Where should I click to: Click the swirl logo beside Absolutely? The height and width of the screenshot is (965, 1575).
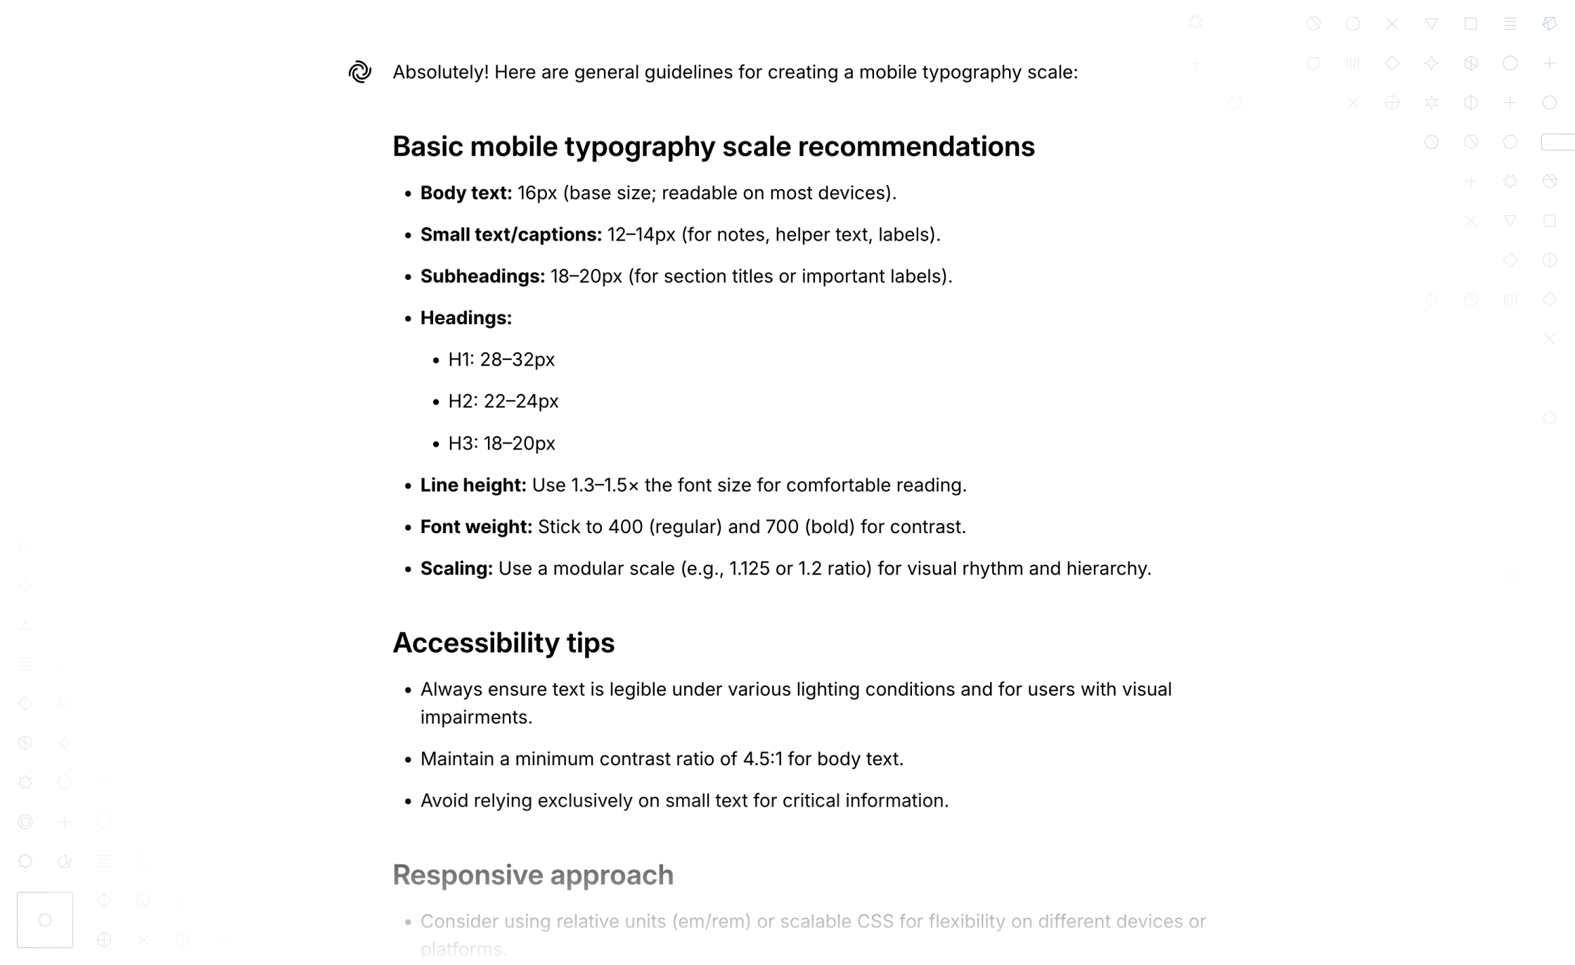[x=359, y=72]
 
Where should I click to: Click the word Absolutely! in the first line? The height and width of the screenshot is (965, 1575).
[x=440, y=72]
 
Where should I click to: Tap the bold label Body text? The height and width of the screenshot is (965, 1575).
[x=466, y=193]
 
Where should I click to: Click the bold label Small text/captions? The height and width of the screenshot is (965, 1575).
[x=510, y=234]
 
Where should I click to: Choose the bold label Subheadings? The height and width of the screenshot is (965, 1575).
[x=482, y=276]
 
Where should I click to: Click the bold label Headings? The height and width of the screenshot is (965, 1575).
[x=466, y=318]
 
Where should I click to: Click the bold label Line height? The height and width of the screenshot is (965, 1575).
[x=473, y=485]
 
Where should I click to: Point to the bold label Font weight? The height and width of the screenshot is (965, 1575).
[x=476, y=527]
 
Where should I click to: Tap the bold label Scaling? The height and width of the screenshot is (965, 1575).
[x=456, y=568]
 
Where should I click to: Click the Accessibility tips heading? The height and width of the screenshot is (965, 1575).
[x=503, y=643]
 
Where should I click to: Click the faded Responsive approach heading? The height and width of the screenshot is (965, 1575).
[x=533, y=875]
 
